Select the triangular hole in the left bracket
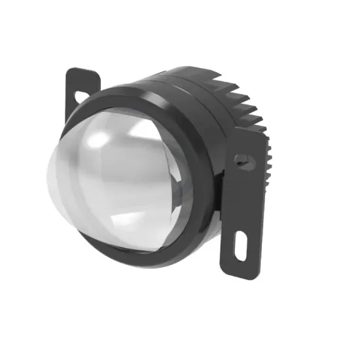(x=81, y=97)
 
